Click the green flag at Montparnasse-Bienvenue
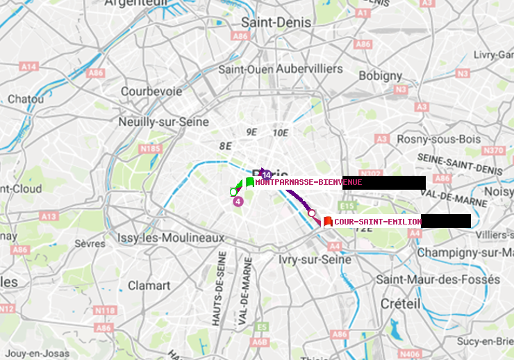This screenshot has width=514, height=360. click(249, 182)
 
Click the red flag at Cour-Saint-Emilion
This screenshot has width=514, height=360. click(328, 221)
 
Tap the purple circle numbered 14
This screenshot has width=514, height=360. click(266, 174)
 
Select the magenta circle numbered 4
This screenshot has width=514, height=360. click(238, 202)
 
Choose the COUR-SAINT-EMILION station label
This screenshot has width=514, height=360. click(378, 222)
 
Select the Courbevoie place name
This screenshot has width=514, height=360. click(151, 91)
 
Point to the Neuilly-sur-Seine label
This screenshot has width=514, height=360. click(164, 122)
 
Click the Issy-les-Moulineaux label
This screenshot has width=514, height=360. click(171, 238)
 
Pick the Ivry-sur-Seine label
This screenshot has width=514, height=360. click(314, 259)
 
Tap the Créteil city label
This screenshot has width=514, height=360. click(401, 304)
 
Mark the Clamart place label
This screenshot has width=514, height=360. click(149, 286)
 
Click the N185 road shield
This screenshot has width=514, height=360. click(150, 148)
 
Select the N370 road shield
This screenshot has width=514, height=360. click(493, 150)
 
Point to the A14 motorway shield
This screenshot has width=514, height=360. click(28, 66)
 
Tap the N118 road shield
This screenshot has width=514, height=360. click(104, 310)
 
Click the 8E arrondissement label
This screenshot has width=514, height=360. click(225, 146)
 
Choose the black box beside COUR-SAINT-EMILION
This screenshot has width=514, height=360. click(446, 221)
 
